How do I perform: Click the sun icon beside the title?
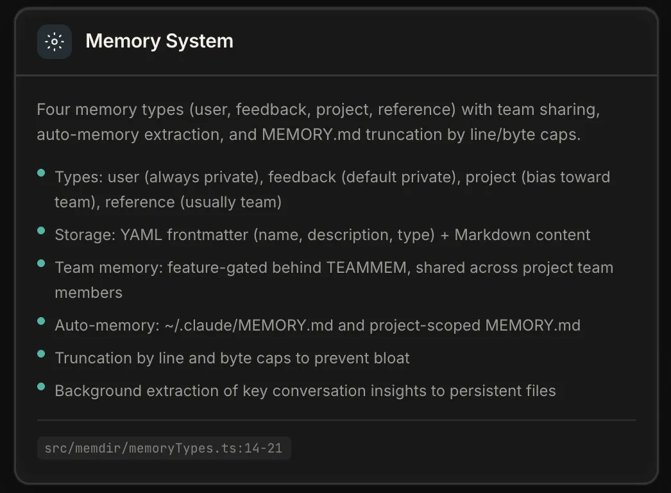click(55, 42)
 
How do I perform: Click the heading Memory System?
click(159, 41)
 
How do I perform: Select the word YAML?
click(141, 235)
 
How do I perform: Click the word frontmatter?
click(207, 235)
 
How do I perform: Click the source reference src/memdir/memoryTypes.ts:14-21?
click(164, 449)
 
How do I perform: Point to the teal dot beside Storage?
click(41, 230)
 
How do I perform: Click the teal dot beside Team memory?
click(41, 263)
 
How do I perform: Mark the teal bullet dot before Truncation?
click(41, 354)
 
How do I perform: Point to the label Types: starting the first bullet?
click(79, 177)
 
